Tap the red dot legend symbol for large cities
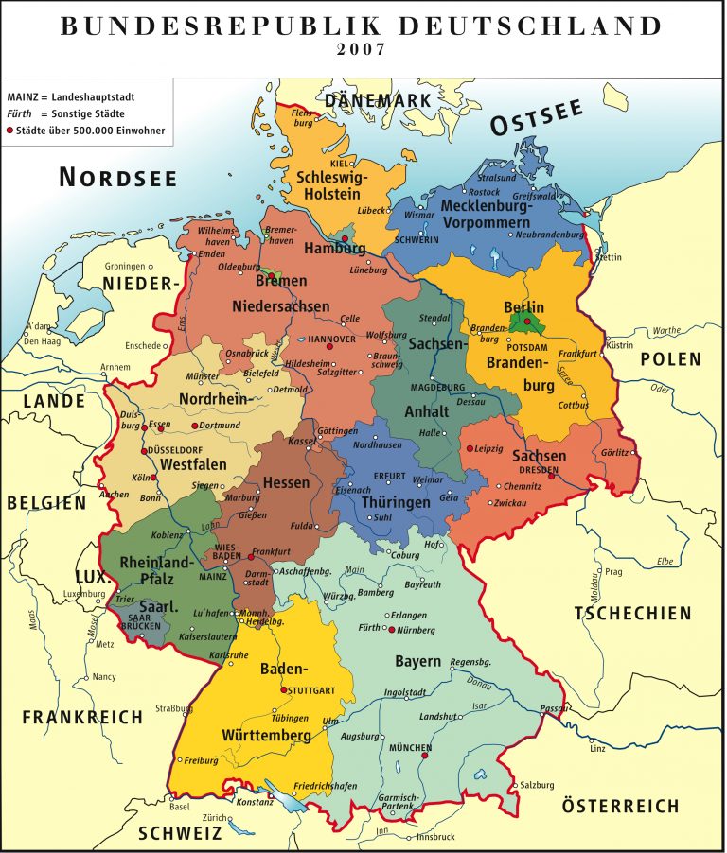tap(11, 131)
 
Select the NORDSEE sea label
tap(118, 176)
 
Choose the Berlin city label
tap(523, 307)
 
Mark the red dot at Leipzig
tap(470, 448)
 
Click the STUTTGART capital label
tap(311, 690)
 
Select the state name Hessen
tap(286, 482)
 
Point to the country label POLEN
tap(671, 359)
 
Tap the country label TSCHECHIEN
tap(632, 614)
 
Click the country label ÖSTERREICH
tap(620, 807)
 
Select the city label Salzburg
tap(537, 785)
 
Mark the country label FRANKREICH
tap(82, 717)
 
